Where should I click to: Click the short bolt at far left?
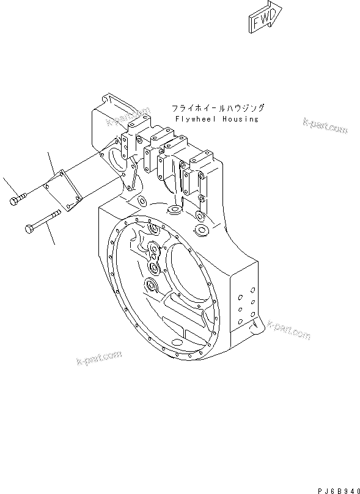pyautogui.click(x=19, y=198)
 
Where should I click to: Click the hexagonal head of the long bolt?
pyautogui.click(x=28, y=228)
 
